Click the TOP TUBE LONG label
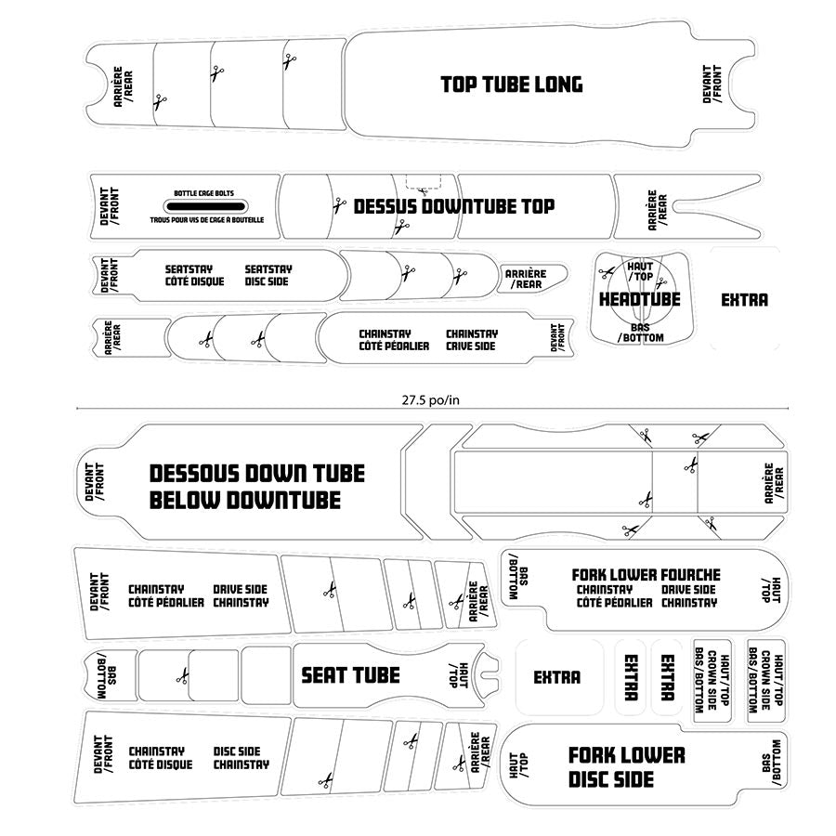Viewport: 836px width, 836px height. (511, 85)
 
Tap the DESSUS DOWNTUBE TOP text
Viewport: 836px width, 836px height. (453, 206)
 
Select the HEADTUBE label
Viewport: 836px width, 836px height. (639, 300)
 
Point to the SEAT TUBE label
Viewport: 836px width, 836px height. (350, 675)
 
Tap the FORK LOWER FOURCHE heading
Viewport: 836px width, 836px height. (646, 575)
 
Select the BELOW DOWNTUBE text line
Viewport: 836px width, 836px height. (245, 501)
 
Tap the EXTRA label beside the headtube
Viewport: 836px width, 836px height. (744, 300)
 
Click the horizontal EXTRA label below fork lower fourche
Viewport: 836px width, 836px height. (556, 678)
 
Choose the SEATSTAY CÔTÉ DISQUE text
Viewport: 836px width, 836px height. (194, 275)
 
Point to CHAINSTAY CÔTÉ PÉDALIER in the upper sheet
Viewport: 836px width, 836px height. (394, 339)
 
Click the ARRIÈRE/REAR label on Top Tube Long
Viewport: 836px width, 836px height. (122, 85)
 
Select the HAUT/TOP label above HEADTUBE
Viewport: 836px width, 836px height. (640, 271)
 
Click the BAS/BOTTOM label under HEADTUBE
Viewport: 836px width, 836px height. (640, 333)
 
